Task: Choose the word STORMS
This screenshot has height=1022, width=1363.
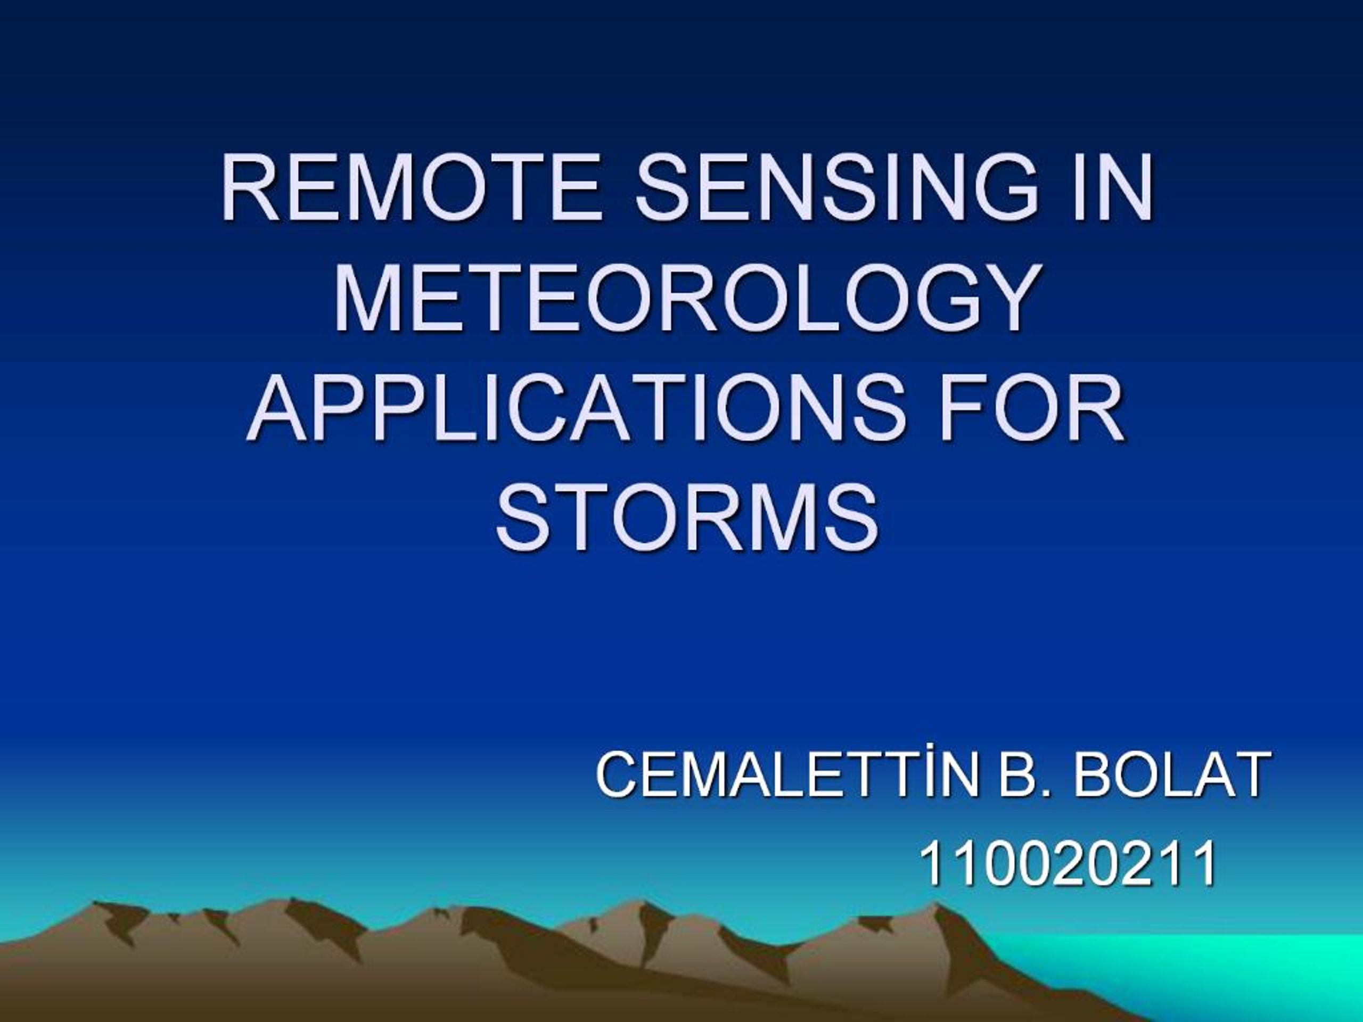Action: coord(687,518)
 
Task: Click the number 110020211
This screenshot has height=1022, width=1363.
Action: coord(1068,864)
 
